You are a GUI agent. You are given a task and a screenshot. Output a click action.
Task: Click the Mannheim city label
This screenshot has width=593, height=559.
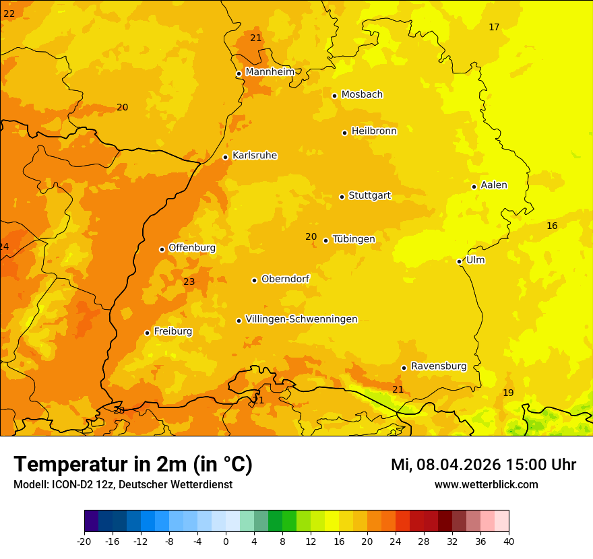point(270,72)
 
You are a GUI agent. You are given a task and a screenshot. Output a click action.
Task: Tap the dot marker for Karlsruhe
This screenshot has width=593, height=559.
point(225,157)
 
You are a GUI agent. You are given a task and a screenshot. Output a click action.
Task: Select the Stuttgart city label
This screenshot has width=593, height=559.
point(369,196)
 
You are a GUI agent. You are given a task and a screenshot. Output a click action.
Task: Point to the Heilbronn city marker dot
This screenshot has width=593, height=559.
point(344,133)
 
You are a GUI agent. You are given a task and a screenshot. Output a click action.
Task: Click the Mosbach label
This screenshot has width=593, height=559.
point(362,95)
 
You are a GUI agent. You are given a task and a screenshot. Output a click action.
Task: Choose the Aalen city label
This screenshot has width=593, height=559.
point(494,185)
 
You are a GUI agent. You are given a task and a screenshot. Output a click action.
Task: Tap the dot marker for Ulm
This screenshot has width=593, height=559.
point(459,261)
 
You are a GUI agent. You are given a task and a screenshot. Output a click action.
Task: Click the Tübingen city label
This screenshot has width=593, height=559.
point(354,239)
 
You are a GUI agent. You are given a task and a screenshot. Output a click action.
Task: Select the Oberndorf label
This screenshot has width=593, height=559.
point(285,279)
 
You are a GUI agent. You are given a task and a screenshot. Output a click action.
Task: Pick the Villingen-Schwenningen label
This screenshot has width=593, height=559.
point(301,319)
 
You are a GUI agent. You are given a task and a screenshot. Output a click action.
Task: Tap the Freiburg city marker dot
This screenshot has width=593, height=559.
point(147,333)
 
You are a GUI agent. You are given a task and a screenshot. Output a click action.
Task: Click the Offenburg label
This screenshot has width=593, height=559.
point(192,248)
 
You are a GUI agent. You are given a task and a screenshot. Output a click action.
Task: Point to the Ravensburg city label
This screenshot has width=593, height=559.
point(439,366)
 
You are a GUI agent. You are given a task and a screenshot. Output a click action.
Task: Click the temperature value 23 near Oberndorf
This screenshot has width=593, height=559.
point(189,282)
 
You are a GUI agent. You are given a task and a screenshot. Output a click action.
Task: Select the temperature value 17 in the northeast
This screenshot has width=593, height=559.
point(494,27)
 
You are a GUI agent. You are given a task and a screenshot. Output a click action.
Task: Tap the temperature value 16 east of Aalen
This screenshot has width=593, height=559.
point(552,226)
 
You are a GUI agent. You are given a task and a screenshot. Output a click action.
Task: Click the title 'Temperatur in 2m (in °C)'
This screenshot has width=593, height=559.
point(133,464)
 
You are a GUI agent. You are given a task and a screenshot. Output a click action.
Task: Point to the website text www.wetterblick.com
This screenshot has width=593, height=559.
point(486,484)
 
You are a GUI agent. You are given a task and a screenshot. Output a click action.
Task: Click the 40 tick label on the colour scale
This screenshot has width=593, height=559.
point(509,541)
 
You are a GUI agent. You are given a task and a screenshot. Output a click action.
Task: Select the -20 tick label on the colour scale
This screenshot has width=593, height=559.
point(84,541)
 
